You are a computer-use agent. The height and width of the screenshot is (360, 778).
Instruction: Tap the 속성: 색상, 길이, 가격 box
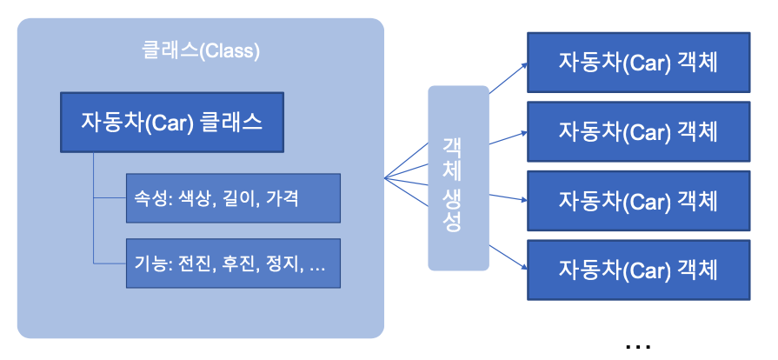click(x=233, y=198)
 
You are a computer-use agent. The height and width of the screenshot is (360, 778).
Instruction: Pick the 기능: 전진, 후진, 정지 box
click(x=233, y=263)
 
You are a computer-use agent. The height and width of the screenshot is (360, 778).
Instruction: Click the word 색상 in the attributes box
click(x=194, y=198)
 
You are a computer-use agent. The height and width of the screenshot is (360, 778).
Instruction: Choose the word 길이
click(x=239, y=198)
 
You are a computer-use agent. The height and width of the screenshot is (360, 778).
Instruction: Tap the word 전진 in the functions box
click(x=194, y=263)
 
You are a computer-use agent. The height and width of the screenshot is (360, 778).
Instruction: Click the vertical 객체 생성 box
click(x=458, y=177)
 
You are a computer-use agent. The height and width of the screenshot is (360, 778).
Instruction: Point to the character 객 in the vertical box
click(x=452, y=144)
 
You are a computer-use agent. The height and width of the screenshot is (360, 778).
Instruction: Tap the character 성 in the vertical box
click(x=452, y=222)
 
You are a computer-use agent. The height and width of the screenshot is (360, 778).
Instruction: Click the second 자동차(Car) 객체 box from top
click(x=638, y=131)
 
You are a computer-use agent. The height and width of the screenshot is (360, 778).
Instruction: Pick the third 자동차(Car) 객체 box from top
click(x=638, y=200)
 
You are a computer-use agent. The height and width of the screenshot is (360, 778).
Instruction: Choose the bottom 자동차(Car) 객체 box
click(x=638, y=269)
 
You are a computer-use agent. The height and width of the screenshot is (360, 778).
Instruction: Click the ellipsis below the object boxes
click(x=637, y=347)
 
